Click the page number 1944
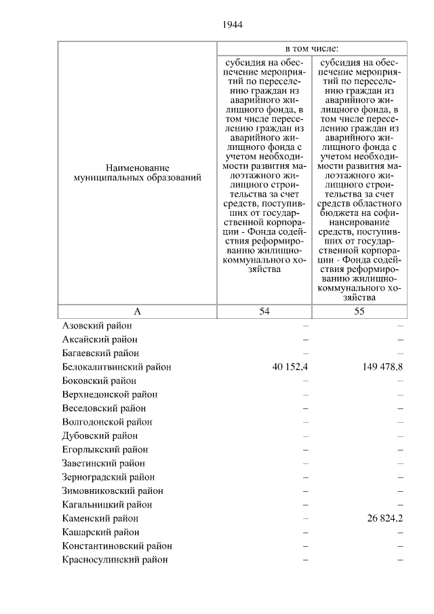tap(232, 25)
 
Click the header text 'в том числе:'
tap(312, 49)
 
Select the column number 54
tap(264, 311)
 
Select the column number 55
tap(359, 311)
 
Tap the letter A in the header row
tap(137, 311)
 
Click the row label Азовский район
tap(100, 326)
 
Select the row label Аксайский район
tap(102, 339)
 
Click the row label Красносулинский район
tap(115, 560)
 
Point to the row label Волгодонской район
tap(107, 422)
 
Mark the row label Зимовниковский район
tap(112, 491)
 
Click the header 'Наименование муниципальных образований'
tap(137, 172)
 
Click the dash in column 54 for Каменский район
tap(306, 518)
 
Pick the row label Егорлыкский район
tap(105, 449)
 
